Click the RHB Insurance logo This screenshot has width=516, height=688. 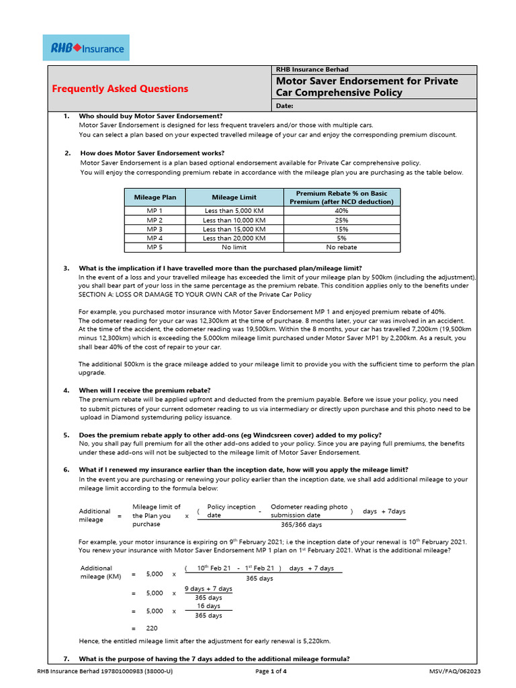point(86,48)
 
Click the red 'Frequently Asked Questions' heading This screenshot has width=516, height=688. point(120,89)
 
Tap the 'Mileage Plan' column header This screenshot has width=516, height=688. point(155,198)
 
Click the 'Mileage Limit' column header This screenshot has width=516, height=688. point(234,198)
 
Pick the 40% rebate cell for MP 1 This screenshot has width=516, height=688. point(341,210)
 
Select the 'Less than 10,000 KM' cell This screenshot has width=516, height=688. point(234,220)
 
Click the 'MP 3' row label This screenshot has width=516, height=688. point(155,229)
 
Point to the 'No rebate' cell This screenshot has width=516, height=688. point(341,247)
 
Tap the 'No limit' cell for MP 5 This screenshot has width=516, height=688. point(234,247)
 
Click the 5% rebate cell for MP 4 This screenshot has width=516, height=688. point(341,238)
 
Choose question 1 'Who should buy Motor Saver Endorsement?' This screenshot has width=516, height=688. point(150,116)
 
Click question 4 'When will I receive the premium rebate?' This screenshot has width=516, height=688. point(144,390)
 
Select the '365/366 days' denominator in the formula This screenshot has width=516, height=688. point(301,525)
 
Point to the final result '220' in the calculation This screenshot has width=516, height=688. point(152,628)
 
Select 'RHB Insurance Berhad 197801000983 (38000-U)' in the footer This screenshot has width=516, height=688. point(105,671)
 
